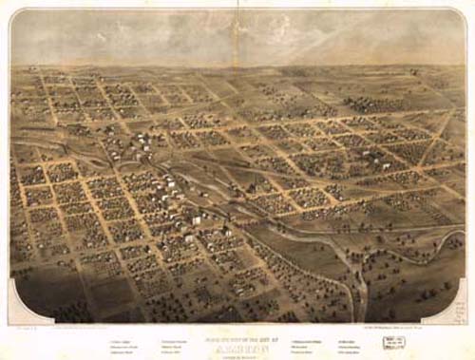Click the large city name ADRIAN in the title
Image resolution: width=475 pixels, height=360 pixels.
pos(236,332)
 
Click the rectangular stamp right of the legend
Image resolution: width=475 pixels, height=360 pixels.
pos(394,344)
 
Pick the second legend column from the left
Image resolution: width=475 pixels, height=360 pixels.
pos(178,346)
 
